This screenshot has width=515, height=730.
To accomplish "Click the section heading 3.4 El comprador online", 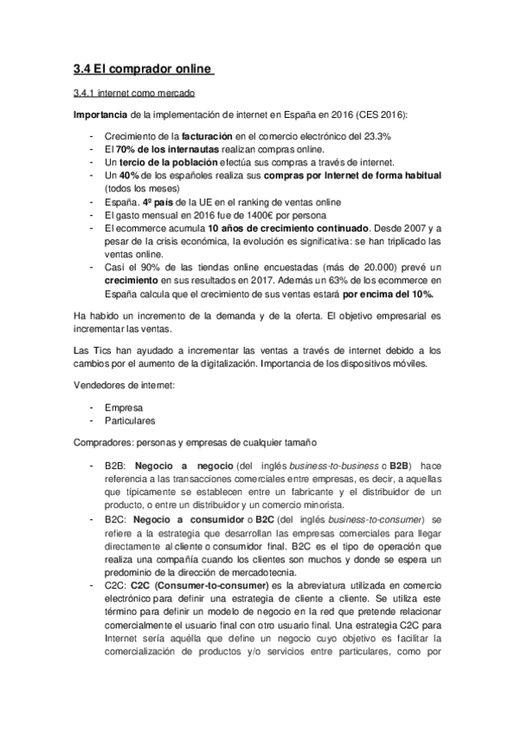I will [143, 69].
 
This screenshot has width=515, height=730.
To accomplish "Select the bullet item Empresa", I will [124, 408].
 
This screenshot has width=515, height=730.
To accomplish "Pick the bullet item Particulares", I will [129, 421].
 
